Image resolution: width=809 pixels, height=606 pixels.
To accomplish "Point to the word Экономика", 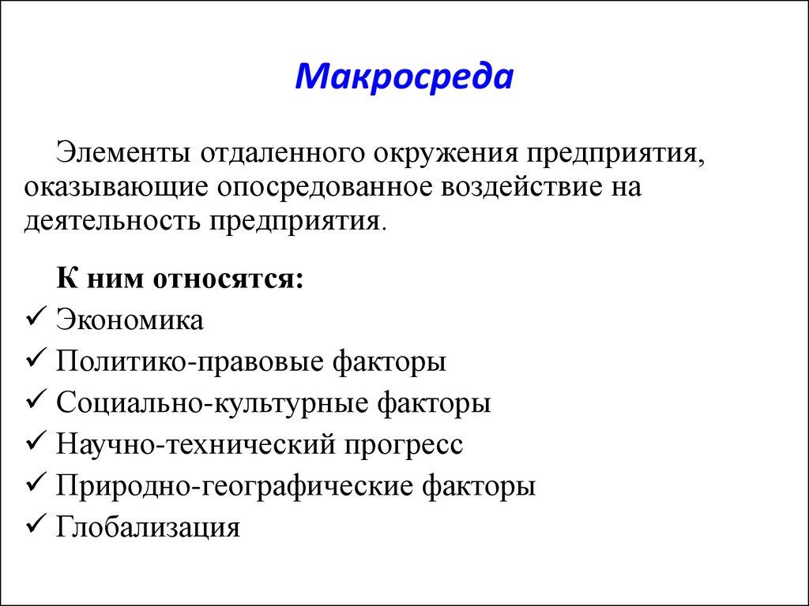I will tap(130, 320).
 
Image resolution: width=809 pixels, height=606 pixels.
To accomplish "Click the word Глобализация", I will tap(147, 526).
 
